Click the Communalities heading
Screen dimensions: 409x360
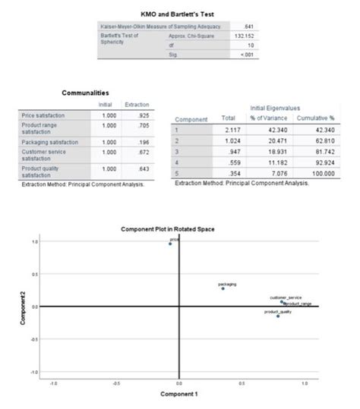click(x=94, y=90)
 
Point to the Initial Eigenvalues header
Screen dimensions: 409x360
click(x=273, y=110)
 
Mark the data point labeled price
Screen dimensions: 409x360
click(x=170, y=244)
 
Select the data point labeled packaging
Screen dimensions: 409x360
click(x=223, y=288)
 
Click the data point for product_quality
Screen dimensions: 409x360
click(x=278, y=316)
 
